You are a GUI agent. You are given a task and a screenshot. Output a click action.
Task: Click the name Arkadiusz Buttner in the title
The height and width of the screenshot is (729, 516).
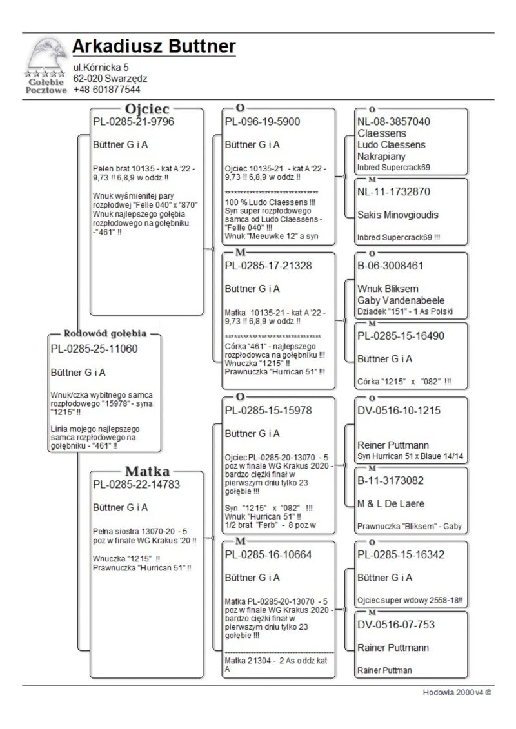[154, 47]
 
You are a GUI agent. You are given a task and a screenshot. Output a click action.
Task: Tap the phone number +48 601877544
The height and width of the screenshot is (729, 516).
[106, 90]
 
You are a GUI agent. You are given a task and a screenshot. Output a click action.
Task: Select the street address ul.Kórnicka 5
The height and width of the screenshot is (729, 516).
[101, 67]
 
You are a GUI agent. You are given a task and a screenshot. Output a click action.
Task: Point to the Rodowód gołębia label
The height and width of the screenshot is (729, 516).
[105, 334]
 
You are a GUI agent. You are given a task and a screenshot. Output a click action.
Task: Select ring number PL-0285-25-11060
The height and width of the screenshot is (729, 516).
[94, 349]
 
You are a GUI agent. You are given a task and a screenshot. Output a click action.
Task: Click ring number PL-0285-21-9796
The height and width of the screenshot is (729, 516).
[134, 121]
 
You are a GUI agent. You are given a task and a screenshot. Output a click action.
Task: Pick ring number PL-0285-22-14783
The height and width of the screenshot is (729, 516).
[136, 484]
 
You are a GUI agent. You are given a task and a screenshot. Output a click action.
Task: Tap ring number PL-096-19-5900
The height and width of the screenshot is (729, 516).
[263, 121]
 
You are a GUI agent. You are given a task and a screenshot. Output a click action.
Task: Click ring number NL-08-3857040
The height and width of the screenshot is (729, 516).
[394, 121]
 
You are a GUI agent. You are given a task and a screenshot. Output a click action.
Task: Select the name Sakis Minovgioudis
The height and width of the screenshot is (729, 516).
[399, 215]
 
